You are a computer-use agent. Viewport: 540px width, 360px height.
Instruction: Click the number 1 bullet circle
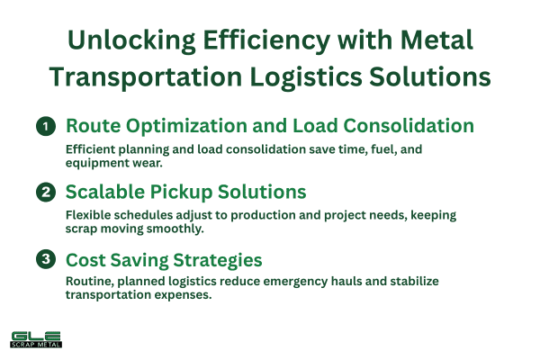point(45,127)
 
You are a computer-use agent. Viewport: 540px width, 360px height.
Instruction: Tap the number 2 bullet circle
point(45,193)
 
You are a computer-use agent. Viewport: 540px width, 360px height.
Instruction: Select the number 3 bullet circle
point(45,260)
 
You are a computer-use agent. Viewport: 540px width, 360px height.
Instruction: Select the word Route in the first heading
point(94,126)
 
